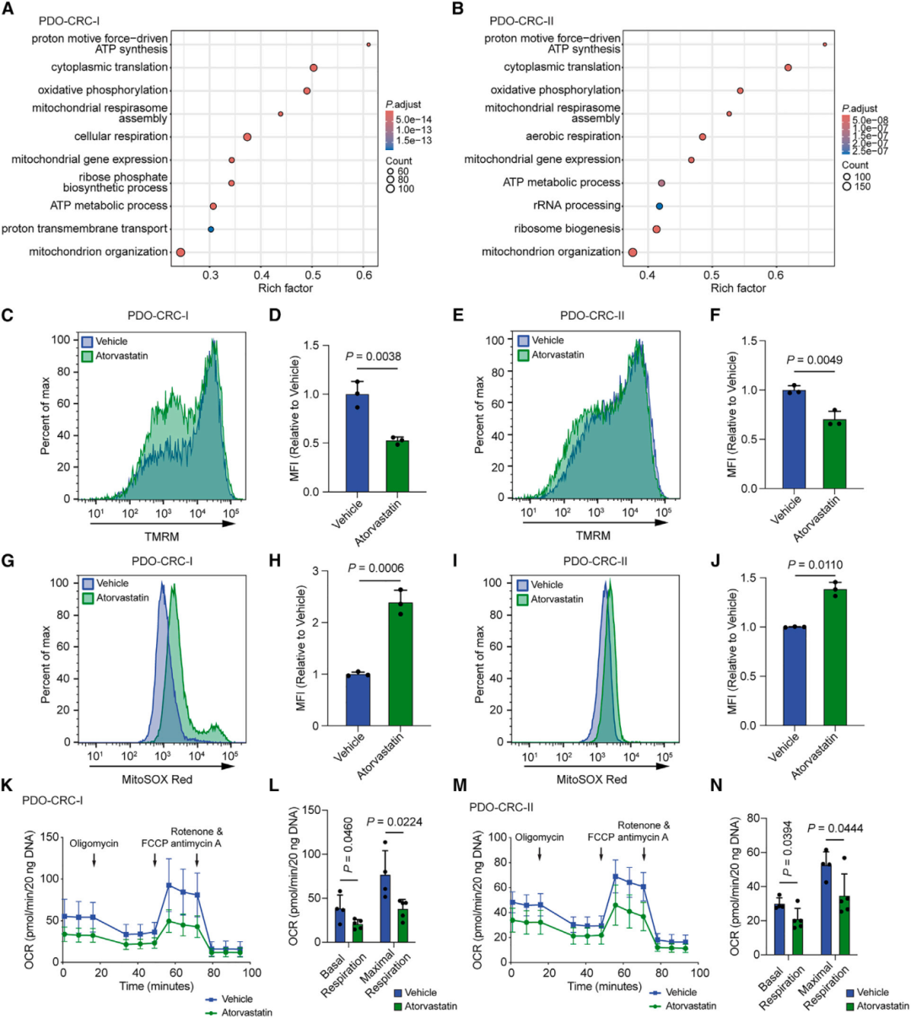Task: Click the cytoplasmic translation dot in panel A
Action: [313, 67]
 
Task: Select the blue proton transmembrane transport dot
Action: [211, 229]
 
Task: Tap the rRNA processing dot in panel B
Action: [660, 206]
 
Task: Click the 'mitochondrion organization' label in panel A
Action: [99, 251]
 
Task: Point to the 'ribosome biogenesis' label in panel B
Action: [568, 229]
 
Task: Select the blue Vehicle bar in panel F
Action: [793, 439]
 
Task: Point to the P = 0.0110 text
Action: [814, 565]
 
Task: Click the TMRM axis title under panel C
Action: [161, 536]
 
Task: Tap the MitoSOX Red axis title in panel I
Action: [591, 779]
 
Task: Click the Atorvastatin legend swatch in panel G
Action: [88, 598]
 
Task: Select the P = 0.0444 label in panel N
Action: [835, 828]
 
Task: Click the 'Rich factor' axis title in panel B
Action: [738, 288]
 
